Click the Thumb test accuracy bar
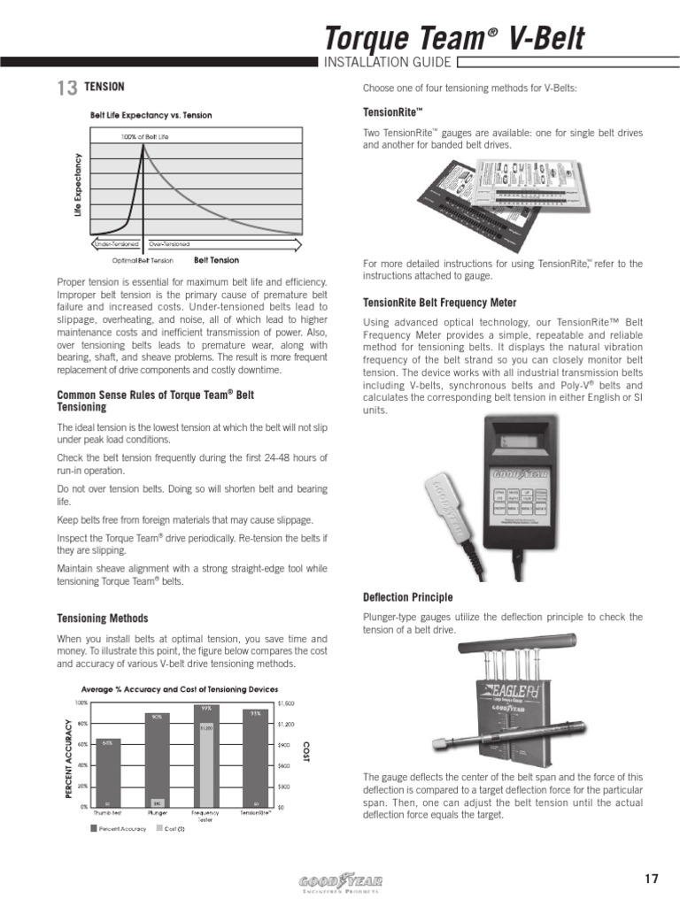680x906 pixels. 106,772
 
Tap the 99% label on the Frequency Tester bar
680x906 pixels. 205,708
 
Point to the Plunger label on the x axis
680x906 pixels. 156,812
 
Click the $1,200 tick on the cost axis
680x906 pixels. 286,725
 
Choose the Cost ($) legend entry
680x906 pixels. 171,829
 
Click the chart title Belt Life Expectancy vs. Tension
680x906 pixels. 151,115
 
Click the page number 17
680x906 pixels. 652,879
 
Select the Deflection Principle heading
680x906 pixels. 408,597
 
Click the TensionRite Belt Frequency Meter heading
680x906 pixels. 440,303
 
